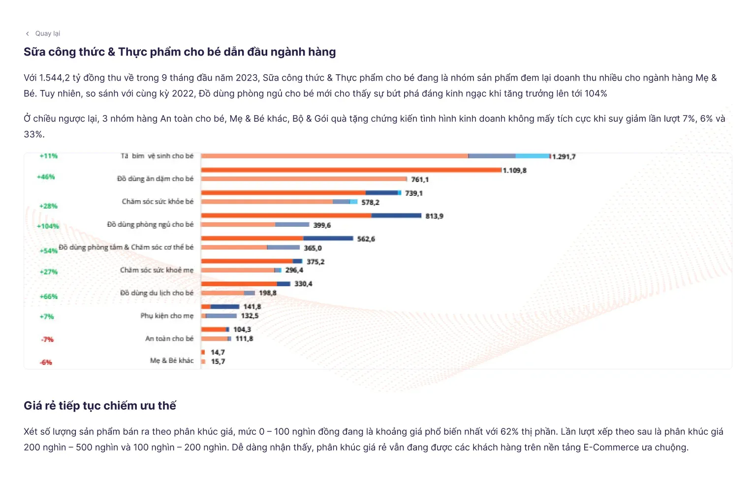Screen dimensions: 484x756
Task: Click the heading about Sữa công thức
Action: (x=180, y=52)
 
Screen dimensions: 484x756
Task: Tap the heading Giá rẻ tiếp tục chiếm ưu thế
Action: (x=100, y=406)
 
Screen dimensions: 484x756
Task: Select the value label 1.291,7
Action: (x=564, y=157)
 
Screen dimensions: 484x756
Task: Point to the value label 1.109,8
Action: (x=514, y=171)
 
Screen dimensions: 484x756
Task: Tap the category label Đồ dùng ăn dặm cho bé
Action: (x=155, y=179)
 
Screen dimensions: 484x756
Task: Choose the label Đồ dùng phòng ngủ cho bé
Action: (x=150, y=224)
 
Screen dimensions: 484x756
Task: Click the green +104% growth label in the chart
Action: (x=48, y=226)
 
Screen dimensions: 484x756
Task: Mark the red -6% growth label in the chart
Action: (x=46, y=363)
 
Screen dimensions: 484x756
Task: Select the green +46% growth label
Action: (x=46, y=177)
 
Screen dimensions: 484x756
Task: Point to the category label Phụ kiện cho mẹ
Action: (x=167, y=316)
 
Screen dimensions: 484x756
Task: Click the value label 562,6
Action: (x=366, y=239)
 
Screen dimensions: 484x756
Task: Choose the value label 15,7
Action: (x=218, y=362)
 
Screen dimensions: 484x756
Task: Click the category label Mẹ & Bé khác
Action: (x=172, y=361)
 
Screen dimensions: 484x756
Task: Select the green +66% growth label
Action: (x=49, y=297)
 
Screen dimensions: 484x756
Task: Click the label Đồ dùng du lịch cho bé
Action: (x=157, y=293)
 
